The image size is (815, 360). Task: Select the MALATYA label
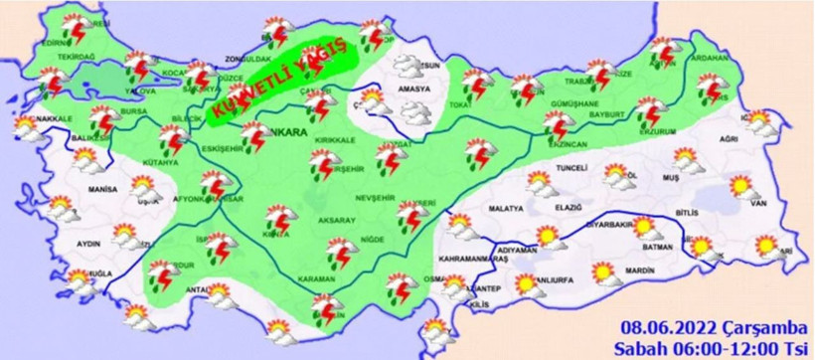click(506, 210)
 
